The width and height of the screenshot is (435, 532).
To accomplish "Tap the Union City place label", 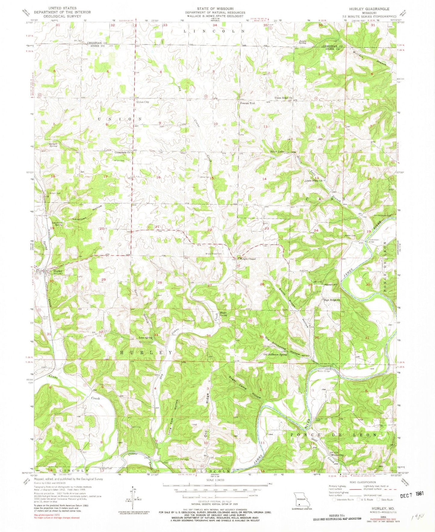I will coord(143,102).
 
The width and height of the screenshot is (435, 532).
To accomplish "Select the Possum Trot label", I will coord(247,103).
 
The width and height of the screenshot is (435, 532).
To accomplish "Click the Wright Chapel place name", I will coord(247,258).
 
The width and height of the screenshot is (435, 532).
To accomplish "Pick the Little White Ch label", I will coord(314,181).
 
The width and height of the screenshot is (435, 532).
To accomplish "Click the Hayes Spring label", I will coord(223,314).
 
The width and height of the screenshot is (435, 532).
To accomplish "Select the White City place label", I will coord(337,455).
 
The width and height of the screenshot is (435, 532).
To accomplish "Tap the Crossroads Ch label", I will coord(122,153).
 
